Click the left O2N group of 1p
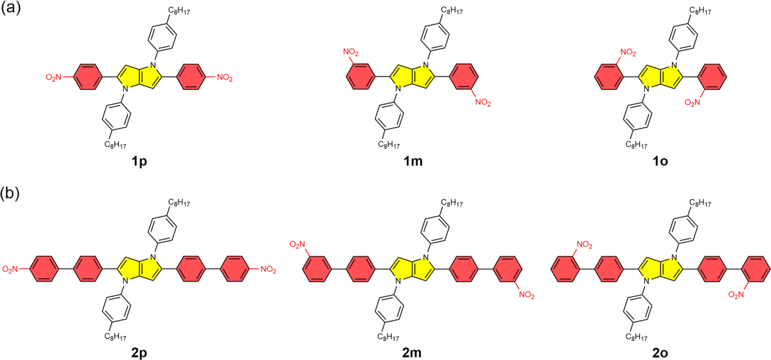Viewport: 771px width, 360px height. [x=54, y=78]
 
